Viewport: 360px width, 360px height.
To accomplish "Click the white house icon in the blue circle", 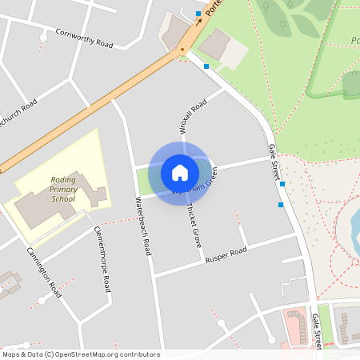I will coord(180,172).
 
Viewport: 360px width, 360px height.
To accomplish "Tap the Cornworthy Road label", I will coord(83,38).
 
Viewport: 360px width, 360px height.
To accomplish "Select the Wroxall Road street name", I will coord(192,116).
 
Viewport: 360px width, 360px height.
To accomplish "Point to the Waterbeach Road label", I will coord(143,226).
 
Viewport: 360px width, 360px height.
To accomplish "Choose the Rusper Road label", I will coord(226,255).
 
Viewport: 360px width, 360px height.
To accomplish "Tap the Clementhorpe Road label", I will coord(102,257).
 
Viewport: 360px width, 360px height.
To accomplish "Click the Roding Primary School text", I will coord(63,190).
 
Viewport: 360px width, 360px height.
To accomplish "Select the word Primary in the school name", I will coord(63,190).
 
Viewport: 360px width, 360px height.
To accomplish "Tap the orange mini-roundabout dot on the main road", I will coord(182,50).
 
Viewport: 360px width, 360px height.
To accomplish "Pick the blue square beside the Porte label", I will coord(198,14).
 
